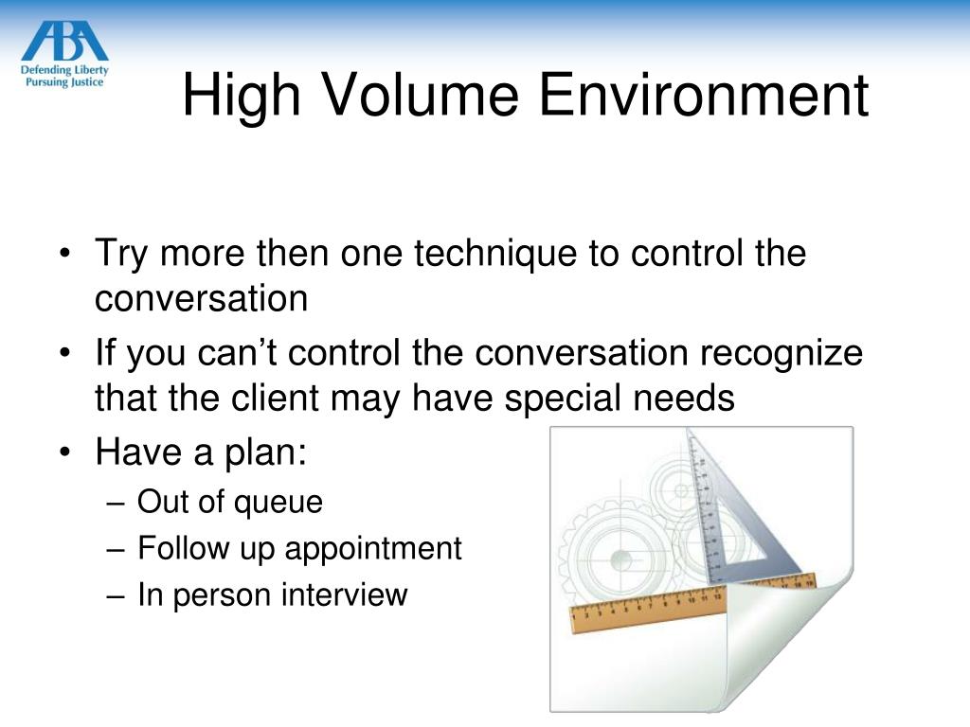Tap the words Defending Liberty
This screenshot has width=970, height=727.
click(x=64, y=69)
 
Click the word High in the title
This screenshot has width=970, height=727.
click(x=242, y=97)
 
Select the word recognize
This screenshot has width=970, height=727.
click(x=781, y=353)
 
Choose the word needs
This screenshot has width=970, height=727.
click(x=684, y=399)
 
